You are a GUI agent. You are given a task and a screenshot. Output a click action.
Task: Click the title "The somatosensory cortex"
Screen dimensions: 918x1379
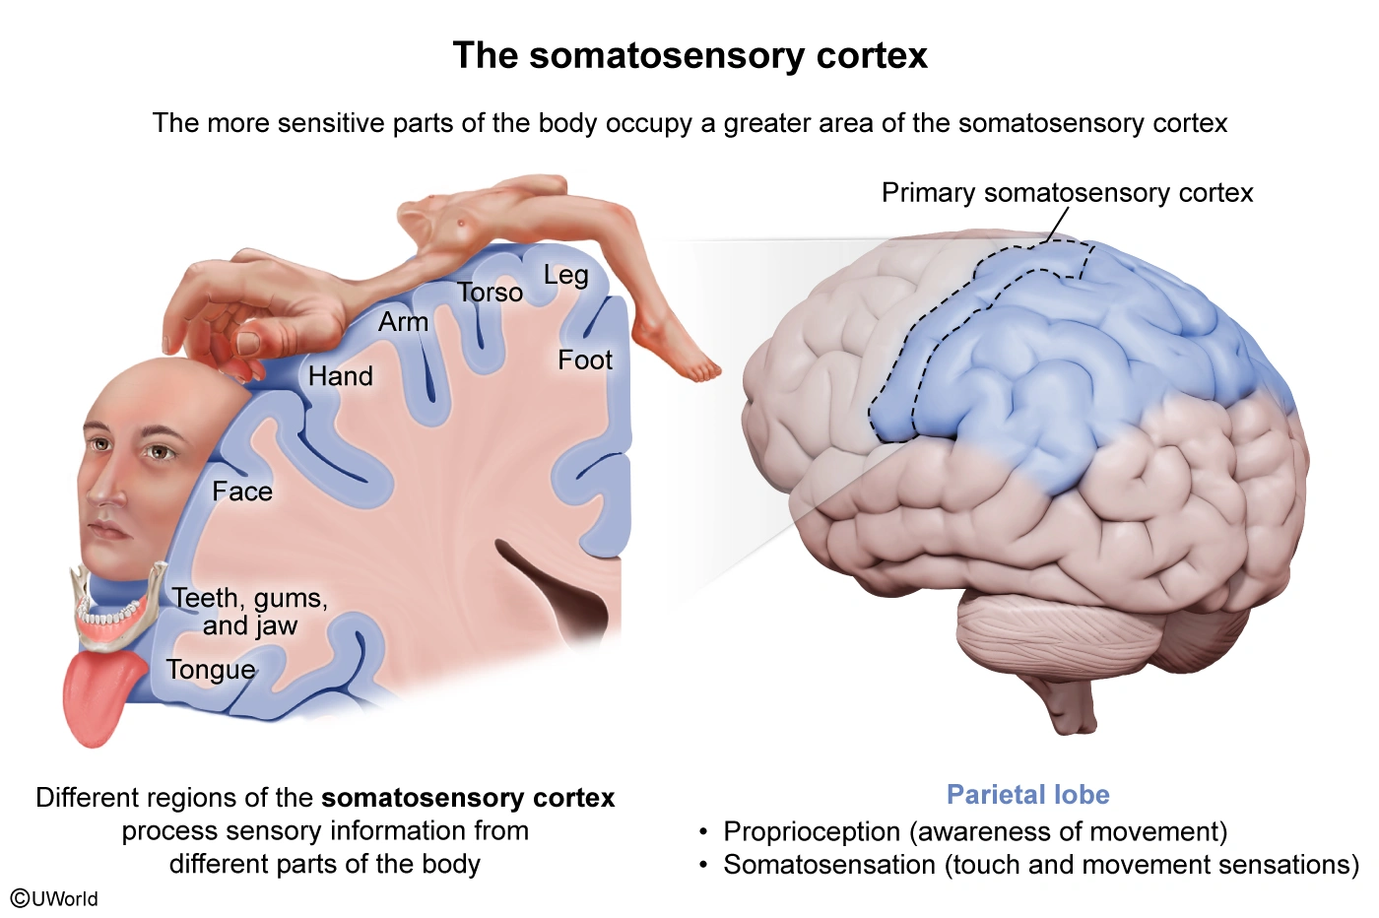click(x=689, y=56)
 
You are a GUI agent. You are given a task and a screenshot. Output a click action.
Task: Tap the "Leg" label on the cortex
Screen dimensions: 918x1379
click(x=565, y=275)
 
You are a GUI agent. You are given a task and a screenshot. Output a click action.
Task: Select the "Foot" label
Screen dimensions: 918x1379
click(x=584, y=361)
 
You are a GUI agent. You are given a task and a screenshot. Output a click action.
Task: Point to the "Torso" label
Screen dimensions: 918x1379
click(x=490, y=293)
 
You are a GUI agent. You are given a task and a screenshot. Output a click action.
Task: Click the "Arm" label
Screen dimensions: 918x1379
click(x=403, y=322)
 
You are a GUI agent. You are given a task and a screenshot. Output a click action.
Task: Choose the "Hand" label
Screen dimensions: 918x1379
click(x=340, y=376)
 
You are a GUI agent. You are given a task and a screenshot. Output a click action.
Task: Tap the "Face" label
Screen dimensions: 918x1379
click(x=242, y=492)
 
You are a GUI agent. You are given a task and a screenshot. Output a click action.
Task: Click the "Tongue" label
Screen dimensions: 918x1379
click(x=210, y=670)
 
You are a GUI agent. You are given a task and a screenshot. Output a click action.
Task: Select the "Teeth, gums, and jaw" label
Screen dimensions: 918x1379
click(x=249, y=612)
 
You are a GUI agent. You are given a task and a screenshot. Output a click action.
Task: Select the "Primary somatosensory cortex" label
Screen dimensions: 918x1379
click(x=1067, y=193)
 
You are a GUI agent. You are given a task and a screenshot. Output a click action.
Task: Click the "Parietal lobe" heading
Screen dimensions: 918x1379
click(x=1027, y=795)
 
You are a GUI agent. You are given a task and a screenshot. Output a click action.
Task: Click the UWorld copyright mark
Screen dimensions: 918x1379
click(x=54, y=898)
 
